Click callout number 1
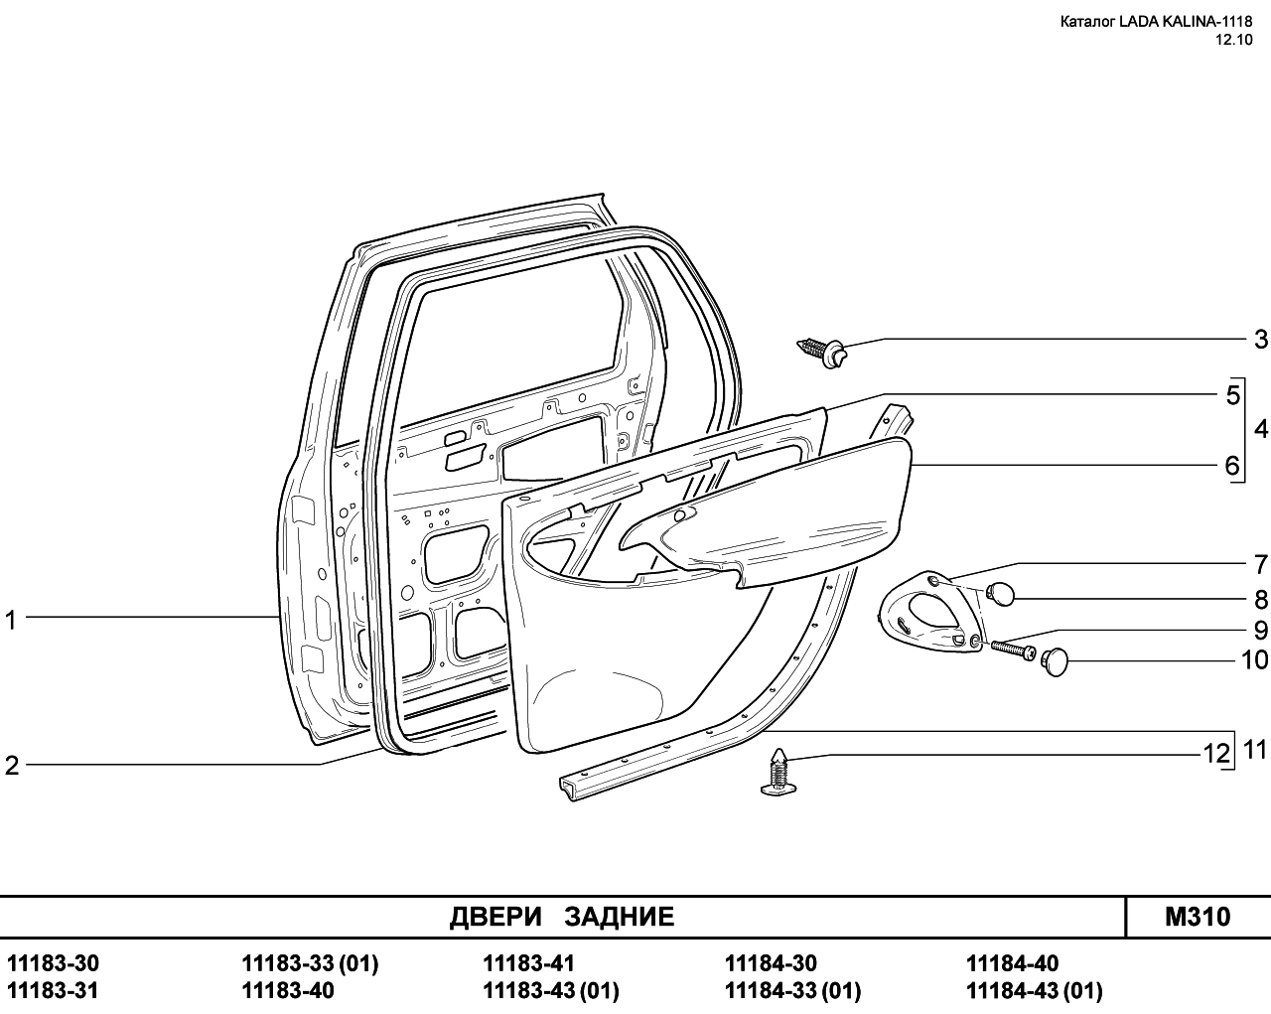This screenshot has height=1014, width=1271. (11, 621)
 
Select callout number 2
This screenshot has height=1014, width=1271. (12, 766)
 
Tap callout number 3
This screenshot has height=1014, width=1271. (1261, 340)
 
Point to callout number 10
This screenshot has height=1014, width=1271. (1254, 660)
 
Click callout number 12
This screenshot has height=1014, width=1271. (1216, 754)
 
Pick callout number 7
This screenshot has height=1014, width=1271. (1261, 564)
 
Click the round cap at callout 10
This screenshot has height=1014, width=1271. (1056, 661)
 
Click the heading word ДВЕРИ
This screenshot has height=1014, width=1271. (495, 917)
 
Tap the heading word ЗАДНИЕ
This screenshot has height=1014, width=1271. (619, 917)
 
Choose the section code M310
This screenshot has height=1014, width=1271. (1198, 917)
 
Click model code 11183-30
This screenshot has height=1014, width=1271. (54, 963)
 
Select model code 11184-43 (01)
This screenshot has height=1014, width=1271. (1035, 991)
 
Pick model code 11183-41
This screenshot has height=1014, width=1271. (528, 963)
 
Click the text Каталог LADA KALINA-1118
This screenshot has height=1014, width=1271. (1157, 22)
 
